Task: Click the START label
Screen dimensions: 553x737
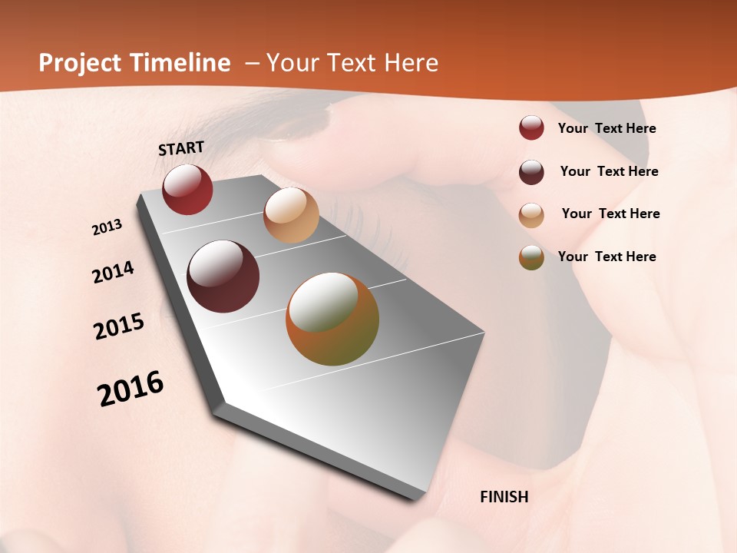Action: (x=181, y=148)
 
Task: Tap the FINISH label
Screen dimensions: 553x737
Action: (x=504, y=497)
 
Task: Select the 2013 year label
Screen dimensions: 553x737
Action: (x=107, y=227)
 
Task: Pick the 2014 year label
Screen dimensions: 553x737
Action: (x=113, y=272)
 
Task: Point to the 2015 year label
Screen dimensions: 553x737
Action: (x=119, y=326)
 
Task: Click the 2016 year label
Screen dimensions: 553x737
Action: (x=131, y=389)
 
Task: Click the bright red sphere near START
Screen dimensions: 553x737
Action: (x=187, y=189)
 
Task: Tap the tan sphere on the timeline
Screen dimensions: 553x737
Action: (x=291, y=215)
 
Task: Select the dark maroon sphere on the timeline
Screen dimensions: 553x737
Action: (x=223, y=276)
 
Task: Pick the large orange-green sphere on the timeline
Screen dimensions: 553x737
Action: (x=332, y=319)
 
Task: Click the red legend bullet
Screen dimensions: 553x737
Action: (x=531, y=128)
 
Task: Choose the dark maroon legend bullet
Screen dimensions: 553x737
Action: (x=531, y=171)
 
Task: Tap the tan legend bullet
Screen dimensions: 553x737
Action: (x=531, y=214)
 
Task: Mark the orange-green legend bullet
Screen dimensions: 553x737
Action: (x=531, y=257)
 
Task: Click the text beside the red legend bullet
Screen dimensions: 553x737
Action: (x=606, y=128)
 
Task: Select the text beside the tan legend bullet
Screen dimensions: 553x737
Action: (x=610, y=214)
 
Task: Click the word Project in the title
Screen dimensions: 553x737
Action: (x=78, y=63)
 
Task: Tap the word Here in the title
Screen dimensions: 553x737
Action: (x=410, y=63)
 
